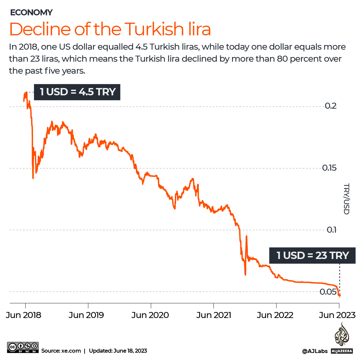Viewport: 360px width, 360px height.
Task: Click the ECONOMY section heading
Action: point(31,13)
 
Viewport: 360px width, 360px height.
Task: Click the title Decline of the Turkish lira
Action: point(110,29)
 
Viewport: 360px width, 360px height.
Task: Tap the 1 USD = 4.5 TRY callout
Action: point(78,92)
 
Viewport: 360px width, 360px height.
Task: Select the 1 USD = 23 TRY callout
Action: point(312,256)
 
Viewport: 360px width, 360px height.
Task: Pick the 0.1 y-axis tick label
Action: point(331,230)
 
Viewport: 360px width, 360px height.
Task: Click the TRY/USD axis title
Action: point(346,199)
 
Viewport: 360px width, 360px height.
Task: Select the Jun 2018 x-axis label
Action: point(23,315)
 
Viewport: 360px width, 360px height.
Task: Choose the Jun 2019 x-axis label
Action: point(86,315)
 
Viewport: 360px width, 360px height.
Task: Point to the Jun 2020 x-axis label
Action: point(150,315)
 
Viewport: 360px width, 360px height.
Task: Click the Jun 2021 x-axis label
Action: point(213,315)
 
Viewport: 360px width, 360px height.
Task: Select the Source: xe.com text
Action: point(61,351)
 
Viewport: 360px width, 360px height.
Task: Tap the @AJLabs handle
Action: point(315,351)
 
